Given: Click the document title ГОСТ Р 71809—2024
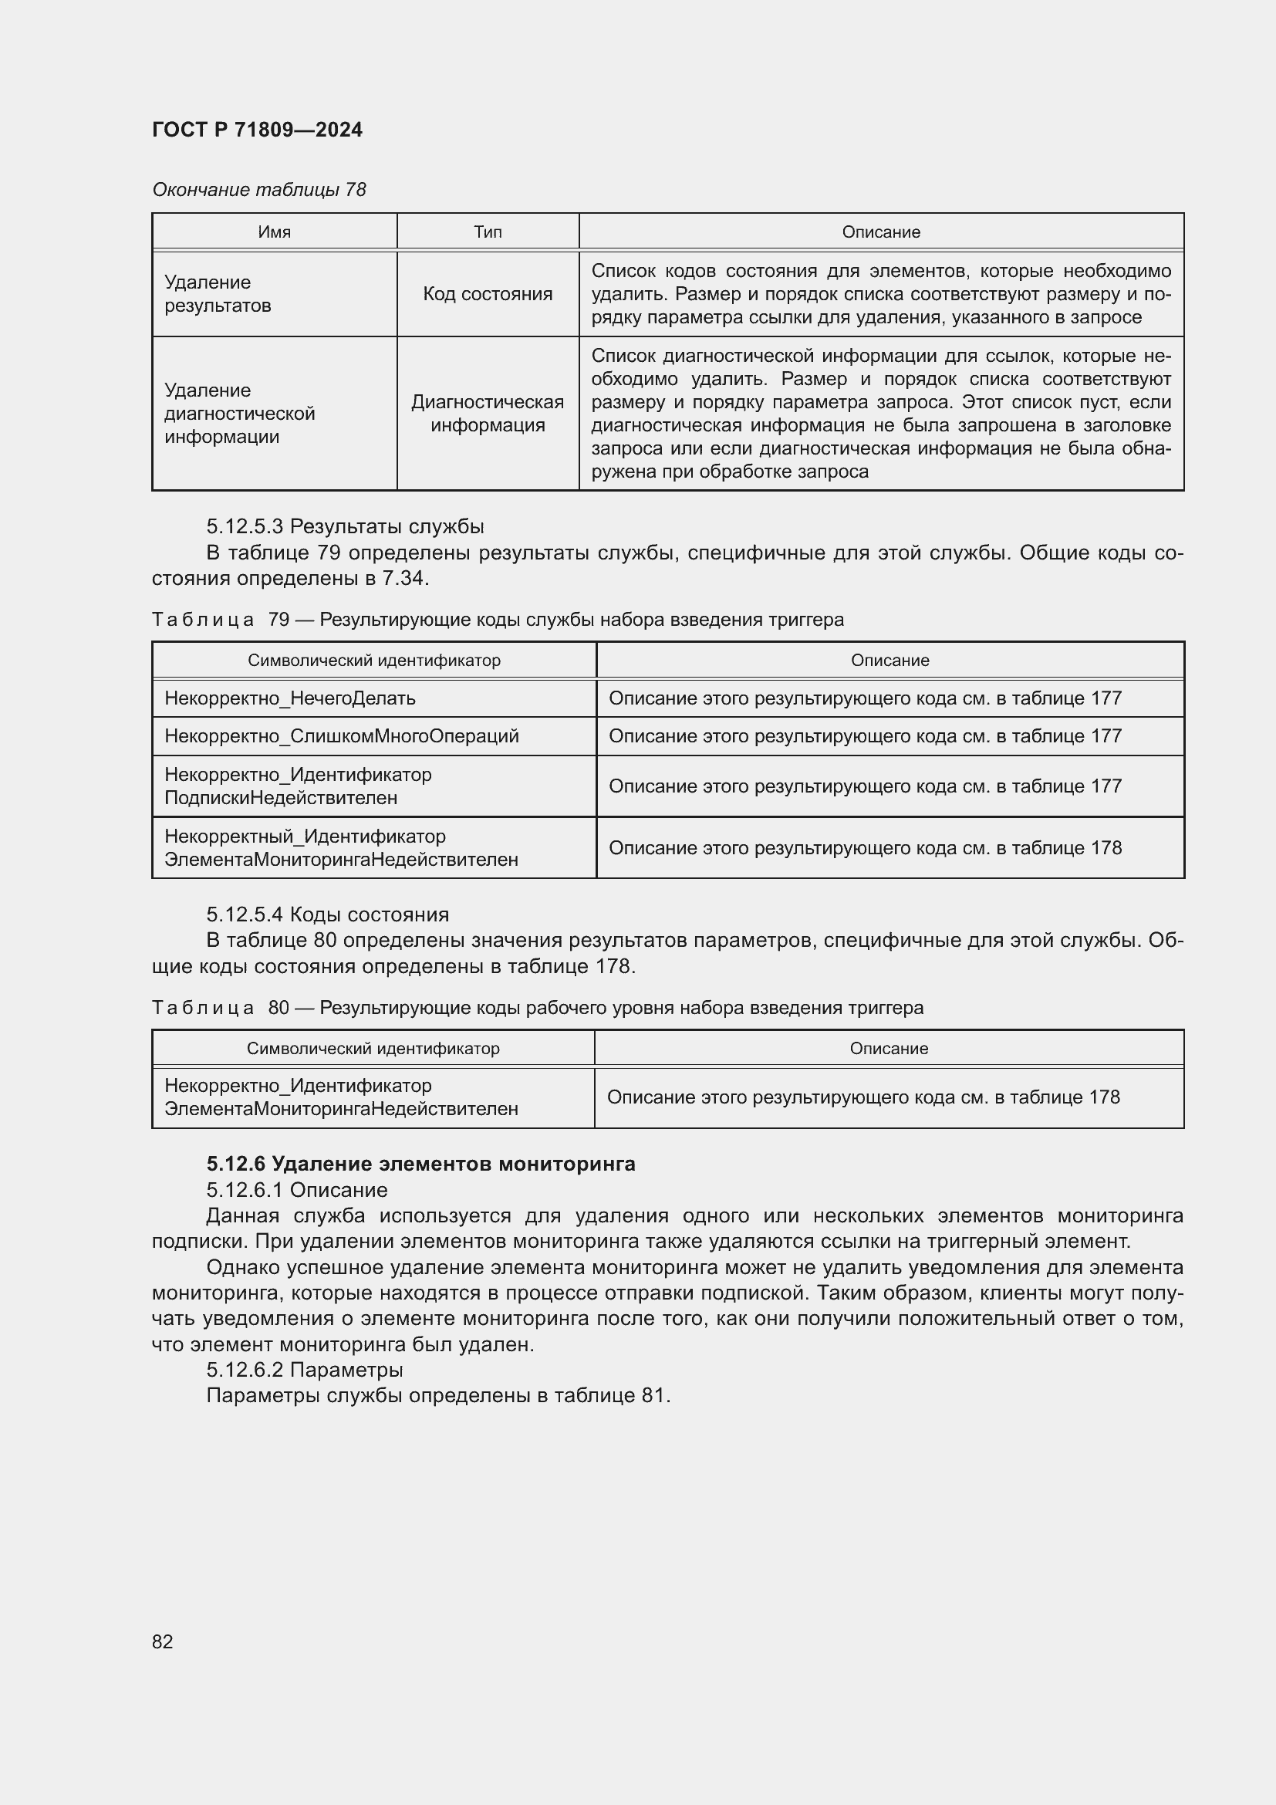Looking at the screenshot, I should pyautogui.click(x=257, y=130).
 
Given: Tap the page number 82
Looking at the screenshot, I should pyautogui.click(x=163, y=1641).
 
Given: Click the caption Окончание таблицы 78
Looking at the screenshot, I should pyautogui.click(x=258, y=190).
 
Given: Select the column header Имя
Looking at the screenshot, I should pyautogui.click(x=274, y=232).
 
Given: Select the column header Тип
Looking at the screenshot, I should pyautogui.click(x=487, y=232).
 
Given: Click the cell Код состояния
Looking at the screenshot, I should pyautogui.click(x=487, y=294).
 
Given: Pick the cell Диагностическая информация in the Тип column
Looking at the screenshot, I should pyautogui.click(x=487, y=414).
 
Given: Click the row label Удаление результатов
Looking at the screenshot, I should pyautogui.click(x=218, y=294).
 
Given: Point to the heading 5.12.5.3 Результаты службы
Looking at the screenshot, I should pyautogui.click(x=345, y=526).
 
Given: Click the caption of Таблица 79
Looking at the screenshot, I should pyautogui.click(x=498, y=620).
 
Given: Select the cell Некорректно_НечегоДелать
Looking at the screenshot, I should pyautogui.click(x=290, y=698).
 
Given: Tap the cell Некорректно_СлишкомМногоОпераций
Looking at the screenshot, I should pyautogui.click(x=342, y=736).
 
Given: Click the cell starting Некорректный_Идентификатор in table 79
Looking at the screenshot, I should pyautogui.click(x=341, y=847).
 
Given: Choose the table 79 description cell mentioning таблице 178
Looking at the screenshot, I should pyautogui.click(x=864, y=847).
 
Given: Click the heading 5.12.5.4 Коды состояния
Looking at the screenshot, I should pyautogui.click(x=328, y=914).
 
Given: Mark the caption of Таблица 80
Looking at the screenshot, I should pyautogui.click(x=537, y=1008).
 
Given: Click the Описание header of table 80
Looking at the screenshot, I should pyautogui.click(x=889, y=1048).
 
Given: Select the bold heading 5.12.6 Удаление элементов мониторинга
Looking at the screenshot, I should pyautogui.click(x=420, y=1164).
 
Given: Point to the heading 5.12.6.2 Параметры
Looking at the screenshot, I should pyautogui.click(x=304, y=1370).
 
